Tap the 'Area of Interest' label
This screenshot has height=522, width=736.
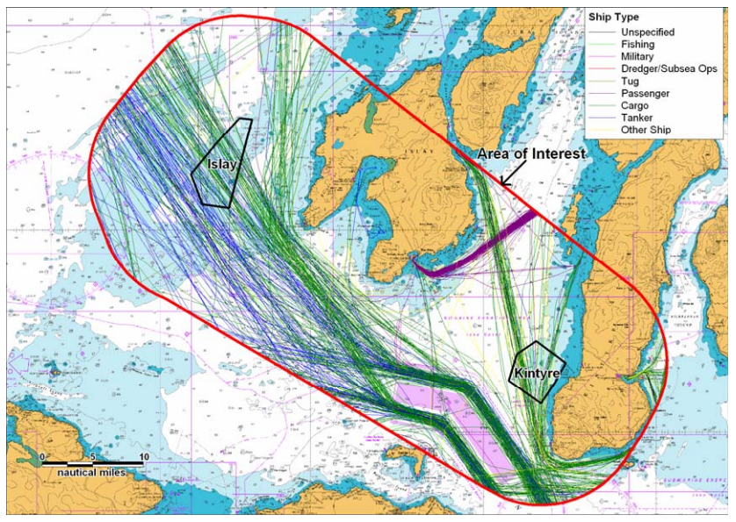(x=530, y=154)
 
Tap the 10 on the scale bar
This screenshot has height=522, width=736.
(x=143, y=457)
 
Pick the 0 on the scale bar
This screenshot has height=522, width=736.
(x=42, y=457)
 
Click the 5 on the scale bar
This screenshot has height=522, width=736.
(x=92, y=457)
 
